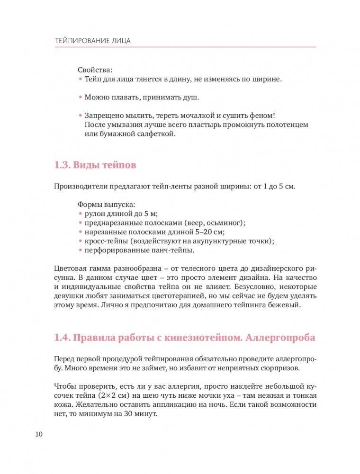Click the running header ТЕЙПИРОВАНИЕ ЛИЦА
pyautogui.click(x=92, y=41)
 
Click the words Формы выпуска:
pyautogui.click(x=106, y=205)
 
